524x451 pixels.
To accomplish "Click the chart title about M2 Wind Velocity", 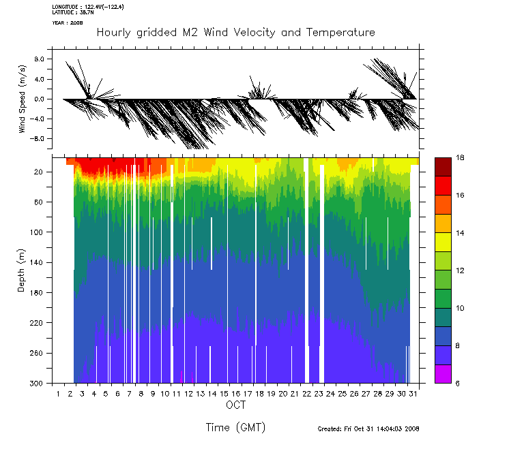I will click(x=236, y=33).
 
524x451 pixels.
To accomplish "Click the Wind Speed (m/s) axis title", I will click(x=23, y=99).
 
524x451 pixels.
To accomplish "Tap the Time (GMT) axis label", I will click(x=235, y=427).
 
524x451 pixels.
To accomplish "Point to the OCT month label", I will click(x=236, y=405).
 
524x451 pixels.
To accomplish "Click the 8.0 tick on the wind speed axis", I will click(x=38, y=59).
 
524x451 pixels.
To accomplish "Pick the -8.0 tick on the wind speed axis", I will click(x=37, y=138).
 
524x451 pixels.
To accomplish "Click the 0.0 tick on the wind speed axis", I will click(x=38, y=99).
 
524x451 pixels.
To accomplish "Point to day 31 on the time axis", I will click(x=413, y=394).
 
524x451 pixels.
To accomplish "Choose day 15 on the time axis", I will click(x=224, y=394).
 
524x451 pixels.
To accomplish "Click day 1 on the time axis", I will click(x=59, y=394).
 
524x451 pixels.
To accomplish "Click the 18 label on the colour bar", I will click(x=461, y=157).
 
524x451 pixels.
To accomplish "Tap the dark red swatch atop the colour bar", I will click(x=442, y=167).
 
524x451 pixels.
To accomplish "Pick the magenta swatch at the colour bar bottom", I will click(x=442, y=374).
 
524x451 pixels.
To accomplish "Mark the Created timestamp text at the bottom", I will click(x=368, y=429).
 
